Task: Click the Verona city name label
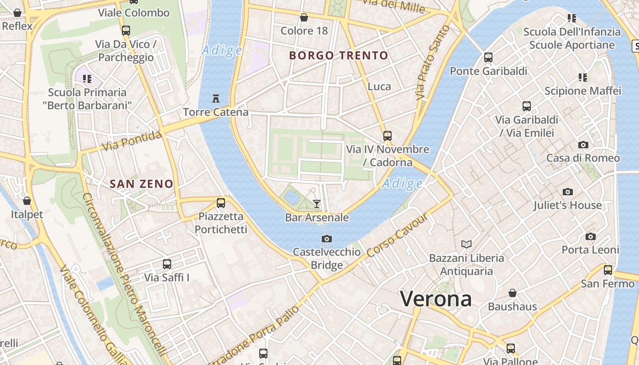coord(436,299)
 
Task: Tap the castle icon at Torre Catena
coord(216,98)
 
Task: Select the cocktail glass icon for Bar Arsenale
coord(317,203)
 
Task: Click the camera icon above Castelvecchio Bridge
coord(326,239)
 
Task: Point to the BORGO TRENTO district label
coord(339,56)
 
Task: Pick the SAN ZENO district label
coord(141,184)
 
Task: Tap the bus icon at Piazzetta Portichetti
coord(221,203)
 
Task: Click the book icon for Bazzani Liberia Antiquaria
coord(466,244)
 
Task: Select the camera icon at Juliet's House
coord(567,192)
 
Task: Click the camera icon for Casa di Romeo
coord(583,145)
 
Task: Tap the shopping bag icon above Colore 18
coord(304,17)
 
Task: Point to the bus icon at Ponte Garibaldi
coord(488,57)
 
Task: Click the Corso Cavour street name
coord(398,235)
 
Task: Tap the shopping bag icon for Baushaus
coord(513,293)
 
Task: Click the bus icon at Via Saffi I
coord(167,264)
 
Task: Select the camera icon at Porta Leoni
coord(590,236)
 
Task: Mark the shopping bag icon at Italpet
coord(27,201)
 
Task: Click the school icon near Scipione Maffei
coord(583,77)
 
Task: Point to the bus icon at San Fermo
coord(608,270)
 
